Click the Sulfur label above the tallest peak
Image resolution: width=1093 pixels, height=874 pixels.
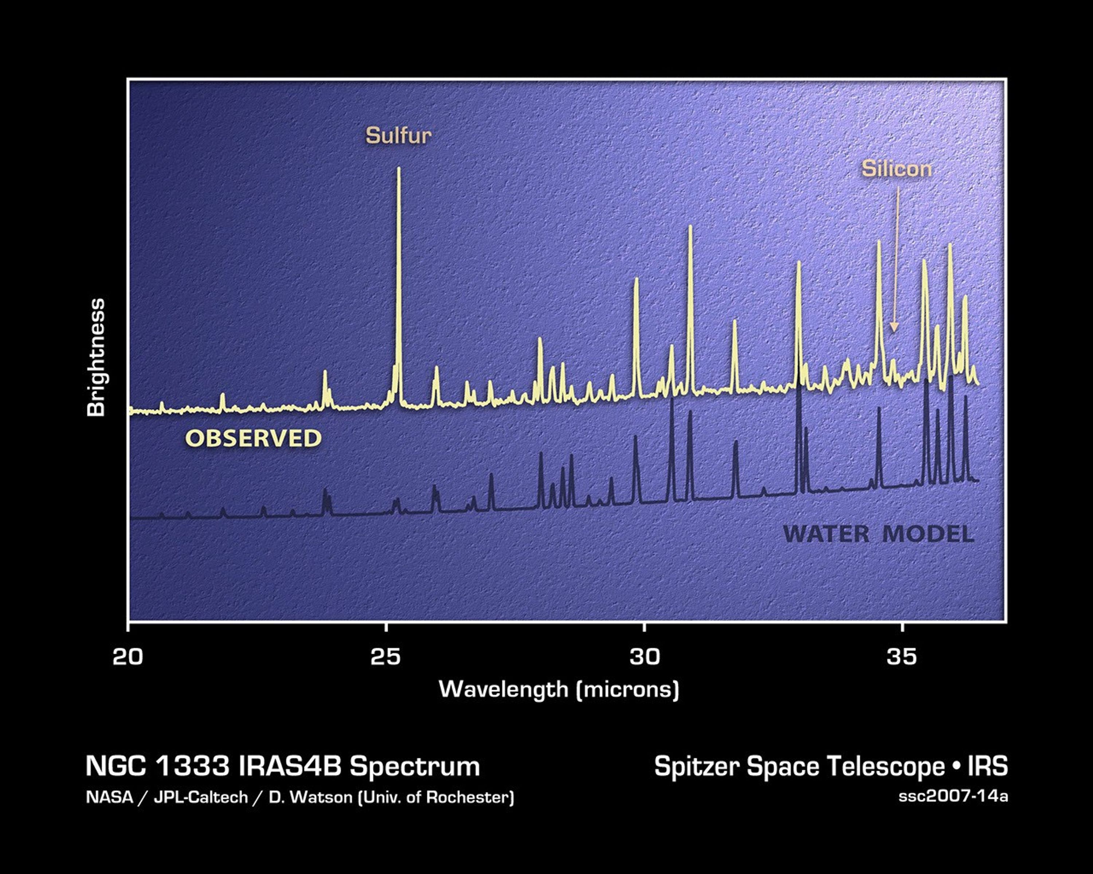[x=399, y=136]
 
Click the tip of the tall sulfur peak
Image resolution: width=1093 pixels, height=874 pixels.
[x=399, y=169]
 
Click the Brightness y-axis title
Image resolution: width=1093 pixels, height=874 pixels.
[x=96, y=358]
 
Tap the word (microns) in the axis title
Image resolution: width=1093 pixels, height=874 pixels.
[x=628, y=690]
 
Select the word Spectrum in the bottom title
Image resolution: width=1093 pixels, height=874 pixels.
[x=414, y=766]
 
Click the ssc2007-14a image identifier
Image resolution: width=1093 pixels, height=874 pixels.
[x=953, y=796]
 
